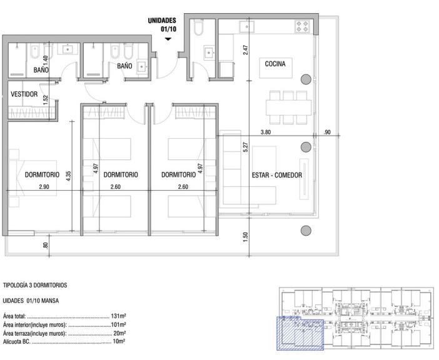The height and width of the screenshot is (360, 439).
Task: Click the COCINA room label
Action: point(275,64)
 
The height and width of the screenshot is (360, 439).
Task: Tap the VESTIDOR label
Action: point(24,94)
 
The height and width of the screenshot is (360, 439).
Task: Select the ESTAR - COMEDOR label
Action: point(277,175)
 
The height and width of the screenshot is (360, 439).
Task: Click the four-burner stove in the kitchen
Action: point(302,26)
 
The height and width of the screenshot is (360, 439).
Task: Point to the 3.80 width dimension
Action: point(266,132)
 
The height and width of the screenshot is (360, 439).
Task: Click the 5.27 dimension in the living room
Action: point(246,147)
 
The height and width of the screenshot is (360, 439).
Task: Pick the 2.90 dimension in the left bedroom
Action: point(44,187)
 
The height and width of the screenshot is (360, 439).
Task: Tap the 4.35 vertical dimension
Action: point(69,176)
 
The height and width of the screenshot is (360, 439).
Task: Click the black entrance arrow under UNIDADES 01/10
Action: point(168,39)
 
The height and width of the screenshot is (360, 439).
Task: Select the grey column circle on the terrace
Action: point(306,231)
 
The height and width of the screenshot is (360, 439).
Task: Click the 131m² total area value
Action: point(118,316)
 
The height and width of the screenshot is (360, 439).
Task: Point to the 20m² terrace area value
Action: point(119,333)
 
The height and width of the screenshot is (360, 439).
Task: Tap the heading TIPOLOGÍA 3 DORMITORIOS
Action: point(35,285)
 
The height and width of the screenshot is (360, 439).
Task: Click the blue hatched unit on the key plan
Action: point(300,333)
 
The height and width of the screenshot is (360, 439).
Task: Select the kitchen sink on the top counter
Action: point(247,27)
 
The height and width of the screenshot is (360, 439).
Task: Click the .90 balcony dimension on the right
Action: point(326,132)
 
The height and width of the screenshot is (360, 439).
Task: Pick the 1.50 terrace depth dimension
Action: point(246,237)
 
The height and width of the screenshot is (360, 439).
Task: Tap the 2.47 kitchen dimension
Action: point(246,50)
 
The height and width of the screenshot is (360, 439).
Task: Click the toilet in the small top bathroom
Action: point(198,27)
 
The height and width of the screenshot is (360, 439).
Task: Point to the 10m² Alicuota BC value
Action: point(119,341)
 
